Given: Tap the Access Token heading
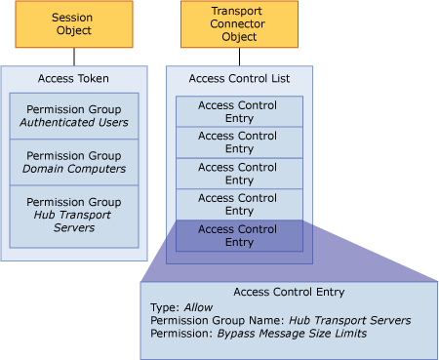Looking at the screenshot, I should point(74,78).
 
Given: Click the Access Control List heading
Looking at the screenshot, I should point(239,78).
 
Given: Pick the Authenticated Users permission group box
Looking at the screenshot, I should point(74,115).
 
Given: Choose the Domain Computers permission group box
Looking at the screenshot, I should point(74,163).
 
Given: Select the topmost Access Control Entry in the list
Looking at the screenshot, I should point(239,111).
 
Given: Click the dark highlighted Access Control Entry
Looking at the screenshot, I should point(239,235).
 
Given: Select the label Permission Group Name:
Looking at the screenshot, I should point(215,320).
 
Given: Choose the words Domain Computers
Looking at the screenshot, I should point(74,170).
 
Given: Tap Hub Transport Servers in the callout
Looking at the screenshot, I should point(348,320).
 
